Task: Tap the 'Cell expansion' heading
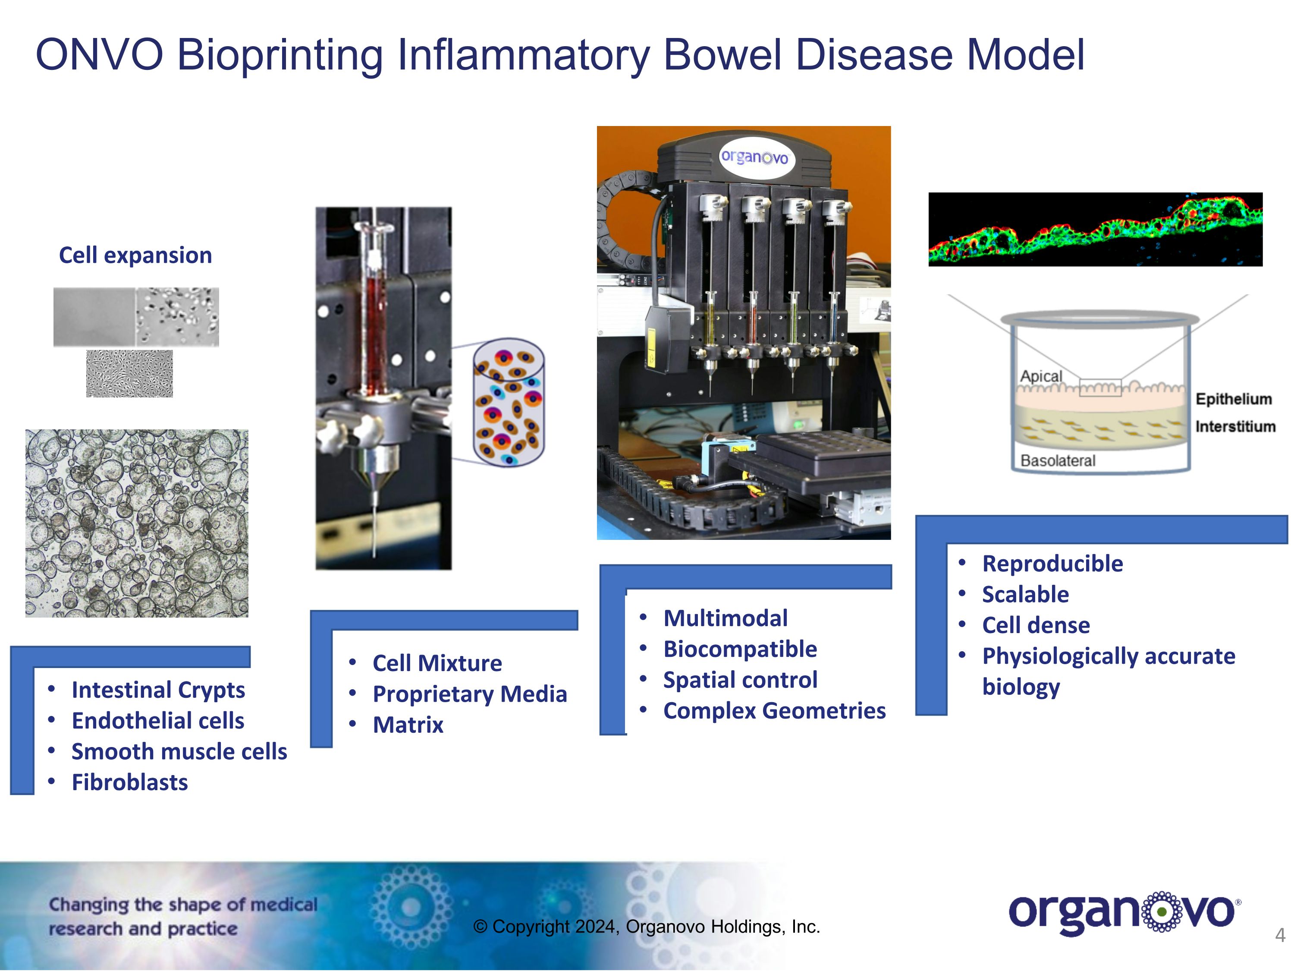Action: [135, 255]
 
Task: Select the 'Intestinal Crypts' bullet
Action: [158, 690]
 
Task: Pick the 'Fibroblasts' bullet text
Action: [129, 782]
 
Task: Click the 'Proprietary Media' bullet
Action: [470, 694]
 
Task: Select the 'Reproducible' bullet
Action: [1052, 564]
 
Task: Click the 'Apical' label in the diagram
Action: [1041, 376]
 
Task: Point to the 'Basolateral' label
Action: [1058, 460]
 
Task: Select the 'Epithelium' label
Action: [1233, 399]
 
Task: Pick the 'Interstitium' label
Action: [1235, 427]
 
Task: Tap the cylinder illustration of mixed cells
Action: [509, 402]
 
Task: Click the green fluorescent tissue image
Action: [1095, 230]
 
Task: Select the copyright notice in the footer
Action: [647, 927]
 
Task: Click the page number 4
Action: [1280, 935]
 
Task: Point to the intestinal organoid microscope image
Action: [137, 523]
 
